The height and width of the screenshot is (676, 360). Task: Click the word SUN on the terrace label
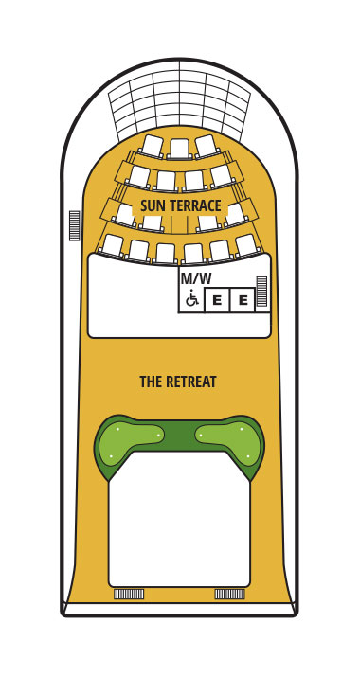(x=153, y=205)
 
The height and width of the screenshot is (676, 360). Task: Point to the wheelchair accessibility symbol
(x=190, y=299)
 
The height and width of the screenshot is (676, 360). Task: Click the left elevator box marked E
(x=217, y=300)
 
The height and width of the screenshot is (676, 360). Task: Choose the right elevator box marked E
(x=243, y=300)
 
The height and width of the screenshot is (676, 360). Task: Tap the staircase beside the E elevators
(x=262, y=292)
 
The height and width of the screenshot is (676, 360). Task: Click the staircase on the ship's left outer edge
(x=74, y=224)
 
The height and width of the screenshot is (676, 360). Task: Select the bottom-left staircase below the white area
(x=128, y=595)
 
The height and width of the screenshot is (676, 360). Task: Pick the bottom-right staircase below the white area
(x=229, y=595)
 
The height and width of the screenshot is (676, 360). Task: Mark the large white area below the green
(x=179, y=525)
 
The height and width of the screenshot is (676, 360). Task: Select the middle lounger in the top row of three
(x=179, y=148)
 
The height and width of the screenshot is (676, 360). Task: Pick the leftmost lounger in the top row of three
(x=152, y=145)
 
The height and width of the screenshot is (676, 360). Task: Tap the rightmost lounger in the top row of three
(x=207, y=145)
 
